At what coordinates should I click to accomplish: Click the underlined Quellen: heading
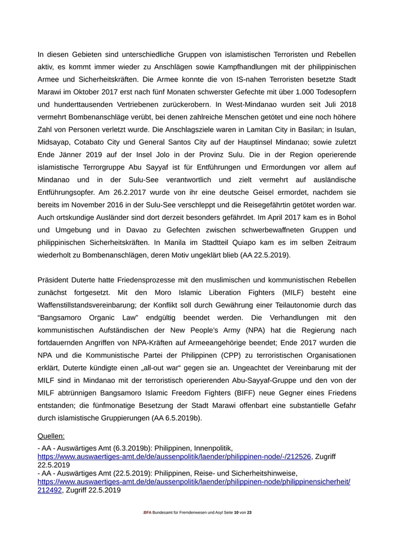[x=51, y=436]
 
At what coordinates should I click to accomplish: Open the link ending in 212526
[x=174, y=457]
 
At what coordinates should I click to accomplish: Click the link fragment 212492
[x=50, y=490]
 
